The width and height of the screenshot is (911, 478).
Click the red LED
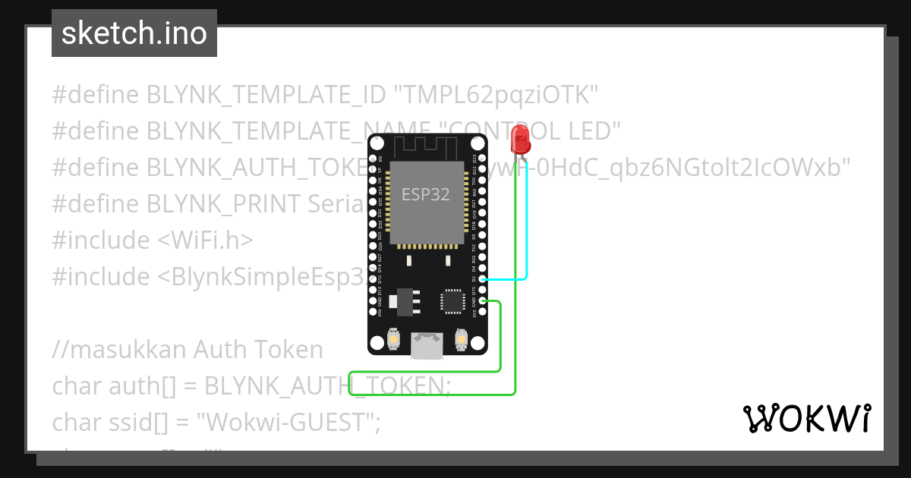(x=520, y=139)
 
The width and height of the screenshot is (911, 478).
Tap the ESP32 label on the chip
(x=425, y=194)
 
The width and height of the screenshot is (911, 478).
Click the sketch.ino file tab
(x=134, y=33)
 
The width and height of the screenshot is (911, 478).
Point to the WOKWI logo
(x=806, y=418)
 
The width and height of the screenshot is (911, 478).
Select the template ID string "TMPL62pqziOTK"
(x=496, y=95)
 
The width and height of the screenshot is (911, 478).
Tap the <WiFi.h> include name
(x=205, y=241)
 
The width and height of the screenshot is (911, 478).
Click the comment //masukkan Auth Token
(x=188, y=350)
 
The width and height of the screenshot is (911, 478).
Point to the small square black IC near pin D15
(x=452, y=301)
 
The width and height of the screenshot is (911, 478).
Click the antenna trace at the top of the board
(x=427, y=146)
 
